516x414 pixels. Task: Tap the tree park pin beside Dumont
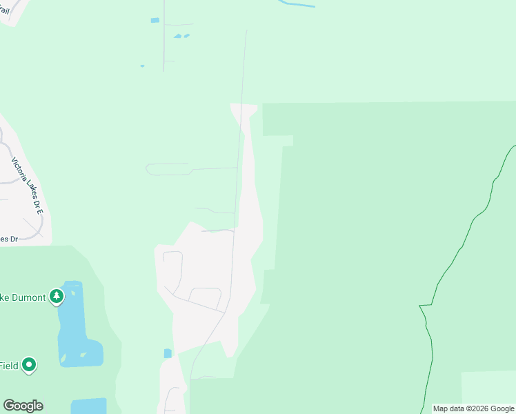(x=57, y=297)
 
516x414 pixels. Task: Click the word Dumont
(x=28, y=298)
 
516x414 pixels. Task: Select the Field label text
(x=9, y=366)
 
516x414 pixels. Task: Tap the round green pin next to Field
(x=29, y=364)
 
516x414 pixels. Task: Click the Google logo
(x=23, y=406)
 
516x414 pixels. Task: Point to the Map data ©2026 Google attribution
(x=473, y=408)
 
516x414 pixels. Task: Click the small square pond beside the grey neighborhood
(x=168, y=353)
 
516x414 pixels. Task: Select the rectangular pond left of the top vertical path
(x=155, y=20)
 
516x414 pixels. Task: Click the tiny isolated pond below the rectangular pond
(x=142, y=66)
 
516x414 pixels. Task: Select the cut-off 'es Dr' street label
(x=8, y=239)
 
